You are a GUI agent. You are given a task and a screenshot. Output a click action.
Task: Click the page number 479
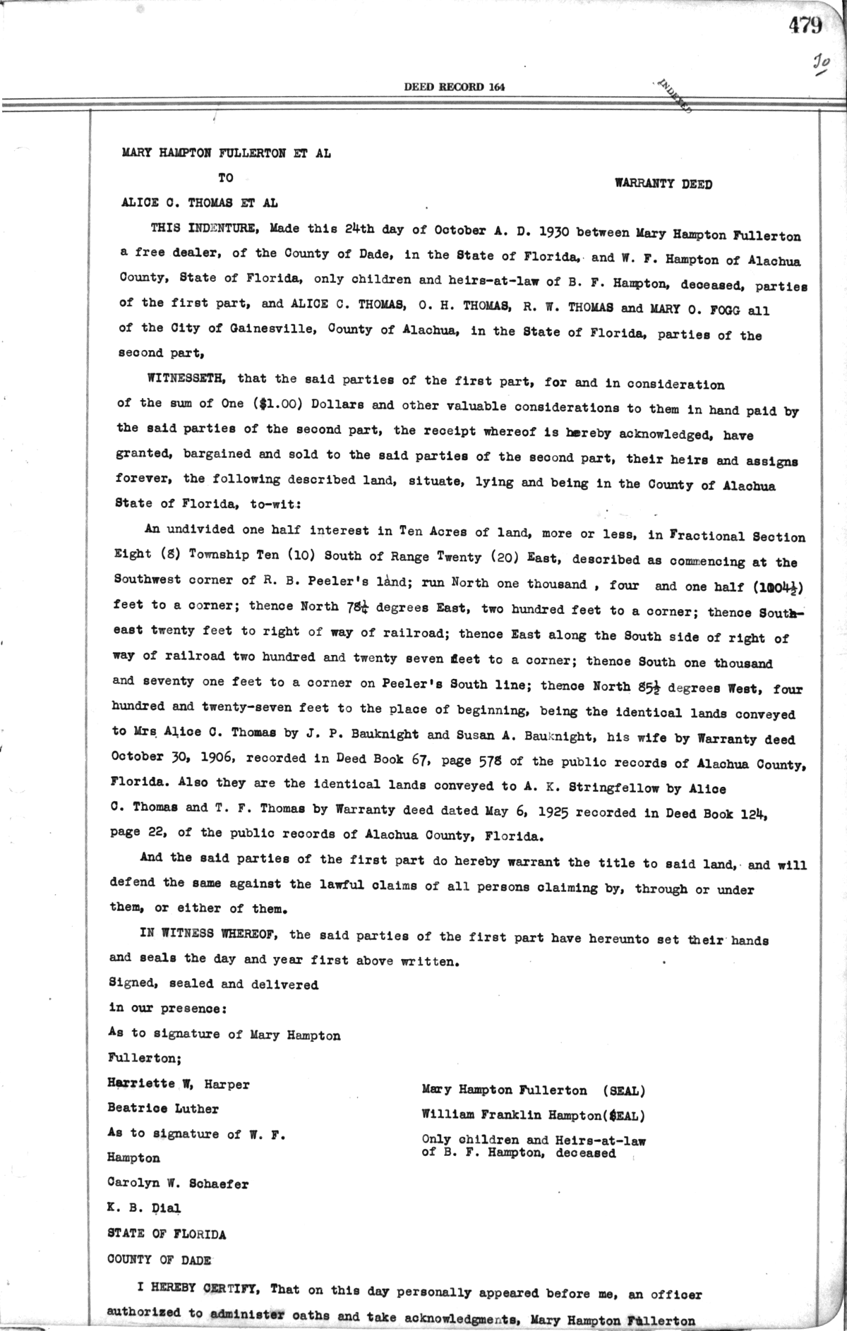coord(805,26)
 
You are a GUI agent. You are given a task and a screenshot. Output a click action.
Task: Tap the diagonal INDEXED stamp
coord(675,97)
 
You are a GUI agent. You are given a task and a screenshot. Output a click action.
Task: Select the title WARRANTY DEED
coord(663,185)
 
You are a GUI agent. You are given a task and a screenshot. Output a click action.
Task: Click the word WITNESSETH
coord(186,378)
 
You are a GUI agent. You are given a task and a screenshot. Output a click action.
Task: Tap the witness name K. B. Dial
coord(144,1207)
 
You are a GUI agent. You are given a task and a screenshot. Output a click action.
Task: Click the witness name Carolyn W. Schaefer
coord(177,1184)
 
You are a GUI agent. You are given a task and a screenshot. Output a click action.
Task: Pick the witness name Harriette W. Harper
coord(178,1084)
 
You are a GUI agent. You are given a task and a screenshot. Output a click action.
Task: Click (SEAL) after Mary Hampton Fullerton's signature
coord(624,1090)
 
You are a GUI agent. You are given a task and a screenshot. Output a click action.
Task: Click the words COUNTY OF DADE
coord(159,1260)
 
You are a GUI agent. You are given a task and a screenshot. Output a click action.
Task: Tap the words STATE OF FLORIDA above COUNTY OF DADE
coord(167,1234)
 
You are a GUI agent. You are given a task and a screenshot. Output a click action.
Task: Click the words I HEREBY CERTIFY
coord(198,1288)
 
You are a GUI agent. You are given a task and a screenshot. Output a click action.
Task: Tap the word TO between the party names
coord(225,178)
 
